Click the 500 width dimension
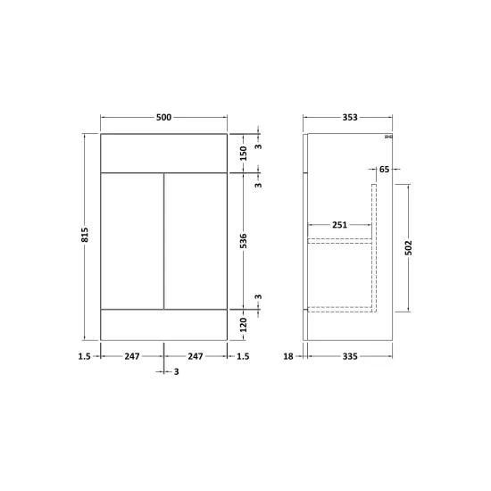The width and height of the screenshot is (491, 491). tap(163, 118)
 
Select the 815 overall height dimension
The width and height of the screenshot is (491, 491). tap(85, 235)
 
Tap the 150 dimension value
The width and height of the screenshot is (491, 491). tap(244, 154)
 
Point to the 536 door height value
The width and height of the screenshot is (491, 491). tap(244, 241)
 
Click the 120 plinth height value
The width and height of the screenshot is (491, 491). tap(244, 325)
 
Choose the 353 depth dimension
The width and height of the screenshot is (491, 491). tap(350, 118)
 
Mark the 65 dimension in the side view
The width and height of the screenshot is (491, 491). tap(384, 170)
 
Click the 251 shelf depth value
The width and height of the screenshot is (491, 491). tap(340, 225)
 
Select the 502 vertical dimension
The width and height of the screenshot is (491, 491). tap(409, 248)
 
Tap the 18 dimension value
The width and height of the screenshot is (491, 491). tap(288, 356)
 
